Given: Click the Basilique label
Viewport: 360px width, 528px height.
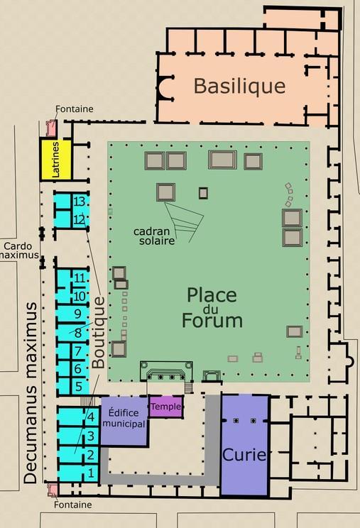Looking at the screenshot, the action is [239, 86].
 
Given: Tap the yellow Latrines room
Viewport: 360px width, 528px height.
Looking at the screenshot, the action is [56, 160].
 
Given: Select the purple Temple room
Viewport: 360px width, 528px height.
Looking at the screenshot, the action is [165, 406].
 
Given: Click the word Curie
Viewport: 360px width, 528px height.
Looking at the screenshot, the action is [244, 455].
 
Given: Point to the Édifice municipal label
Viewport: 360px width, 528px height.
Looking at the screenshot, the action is [124, 418].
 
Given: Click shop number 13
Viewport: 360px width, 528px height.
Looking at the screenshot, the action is [80, 202].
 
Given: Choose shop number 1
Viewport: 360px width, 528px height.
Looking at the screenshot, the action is [91, 473].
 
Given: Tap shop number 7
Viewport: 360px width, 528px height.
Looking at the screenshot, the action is [78, 351].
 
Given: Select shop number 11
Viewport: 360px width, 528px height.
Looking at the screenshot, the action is [80, 278].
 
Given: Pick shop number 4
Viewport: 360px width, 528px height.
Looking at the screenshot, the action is [91, 417].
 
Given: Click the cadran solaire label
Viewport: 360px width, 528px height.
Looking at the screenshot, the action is [154, 236].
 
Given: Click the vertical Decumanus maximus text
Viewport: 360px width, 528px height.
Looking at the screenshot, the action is [31, 393].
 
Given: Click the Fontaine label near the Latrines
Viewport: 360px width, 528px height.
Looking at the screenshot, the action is [75, 109].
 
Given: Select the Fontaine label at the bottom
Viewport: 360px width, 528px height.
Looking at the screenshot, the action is [72, 505].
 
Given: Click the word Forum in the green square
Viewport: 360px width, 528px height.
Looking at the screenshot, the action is [212, 320].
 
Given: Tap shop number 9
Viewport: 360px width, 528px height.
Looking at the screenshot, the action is [78, 314].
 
